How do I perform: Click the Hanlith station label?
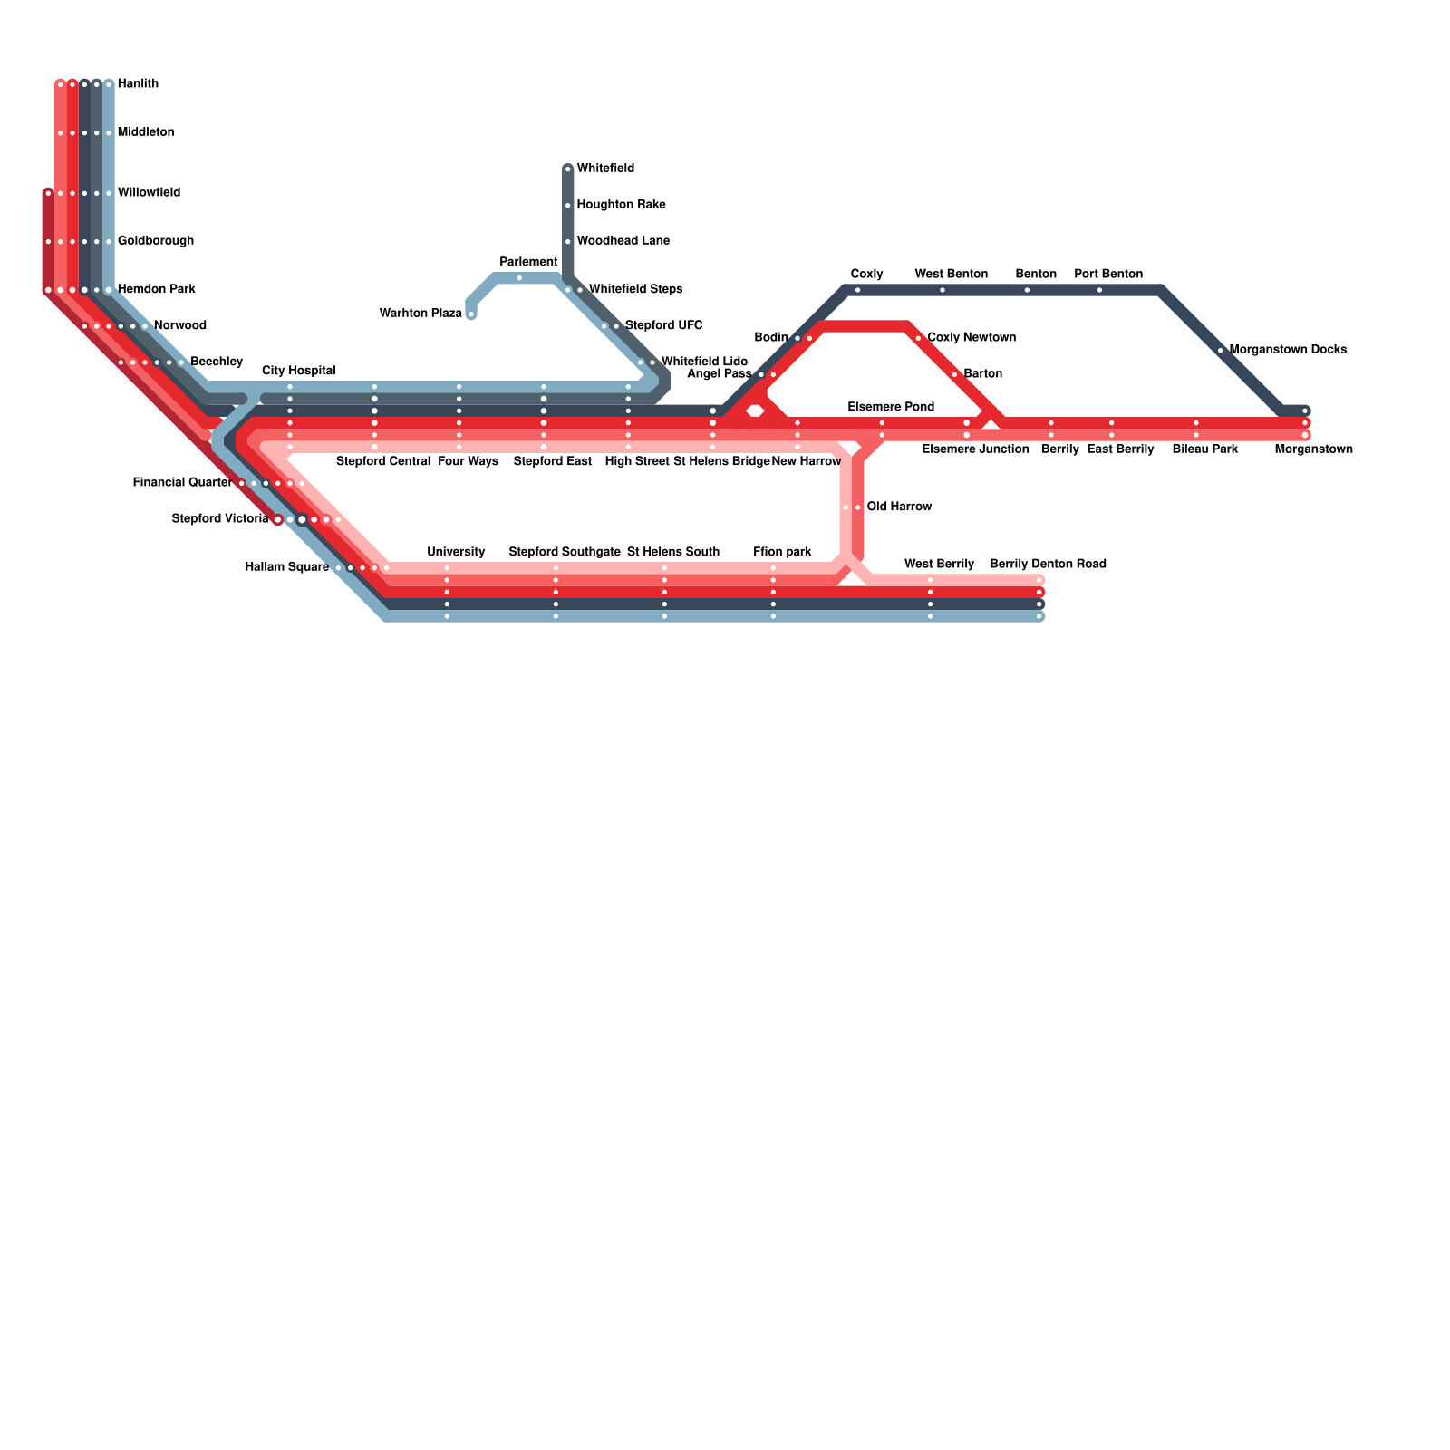(138, 84)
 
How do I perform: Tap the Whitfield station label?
(605, 169)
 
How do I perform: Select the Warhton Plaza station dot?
(471, 314)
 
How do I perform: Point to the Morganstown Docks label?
(1288, 350)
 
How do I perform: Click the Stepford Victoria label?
(220, 519)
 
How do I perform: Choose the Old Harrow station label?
(899, 507)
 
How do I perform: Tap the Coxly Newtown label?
(971, 338)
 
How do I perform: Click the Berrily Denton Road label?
(1048, 565)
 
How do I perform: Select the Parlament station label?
(529, 263)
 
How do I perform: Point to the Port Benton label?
(1108, 275)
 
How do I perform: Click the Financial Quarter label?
(182, 483)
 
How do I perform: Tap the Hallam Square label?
(286, 568)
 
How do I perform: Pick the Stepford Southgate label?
(565, 553)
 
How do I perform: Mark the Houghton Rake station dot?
(568, 206)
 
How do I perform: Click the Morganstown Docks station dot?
(1221, 351)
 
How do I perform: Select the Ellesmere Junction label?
(975, 449)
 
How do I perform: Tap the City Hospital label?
(299, 372)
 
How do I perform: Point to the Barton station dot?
(955, 374)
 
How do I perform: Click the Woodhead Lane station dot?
(568, 242)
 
